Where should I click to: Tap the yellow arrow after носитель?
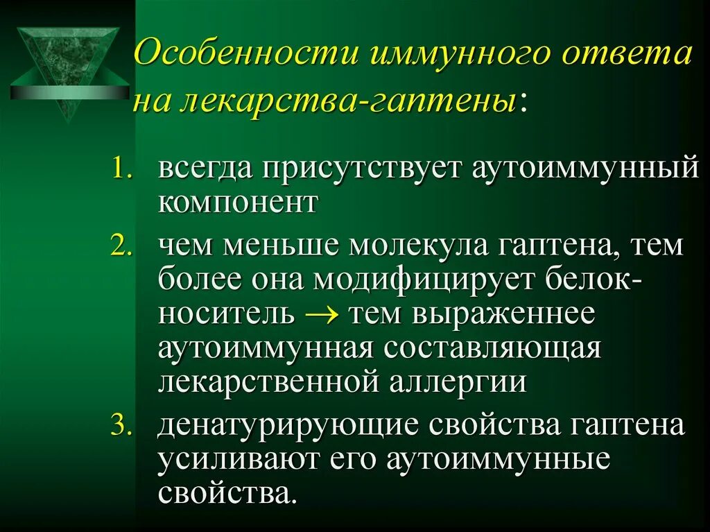(x=320, y=314)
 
